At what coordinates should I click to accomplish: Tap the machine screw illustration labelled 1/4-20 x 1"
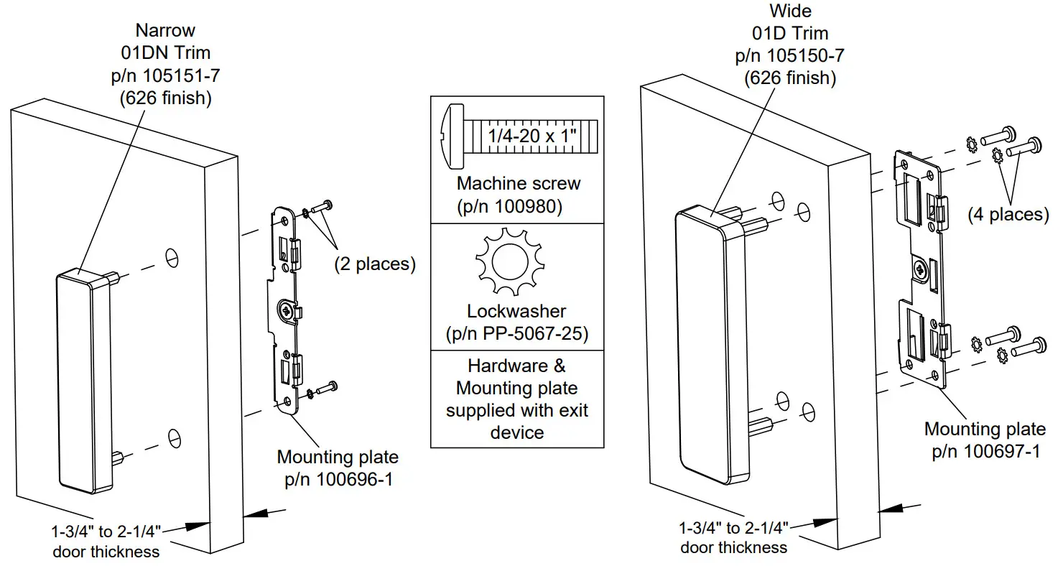[x=515, y=134]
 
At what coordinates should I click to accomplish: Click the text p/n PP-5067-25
[x=516, y=334]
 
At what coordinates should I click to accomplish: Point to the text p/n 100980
[x=509, y=206]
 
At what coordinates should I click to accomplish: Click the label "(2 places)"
[x=374, y=264]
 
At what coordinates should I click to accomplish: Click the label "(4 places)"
[x=1008, y=213]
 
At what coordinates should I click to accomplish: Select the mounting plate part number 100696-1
[x=338, y=480]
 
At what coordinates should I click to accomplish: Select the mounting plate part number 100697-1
[x=985, y=451]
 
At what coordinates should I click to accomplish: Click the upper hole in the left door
[x=172, y=257]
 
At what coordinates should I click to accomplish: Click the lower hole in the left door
[x=172, y=436]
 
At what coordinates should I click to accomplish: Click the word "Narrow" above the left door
[x=166, y=31]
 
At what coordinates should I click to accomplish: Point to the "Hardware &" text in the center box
[x=516, y=366]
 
